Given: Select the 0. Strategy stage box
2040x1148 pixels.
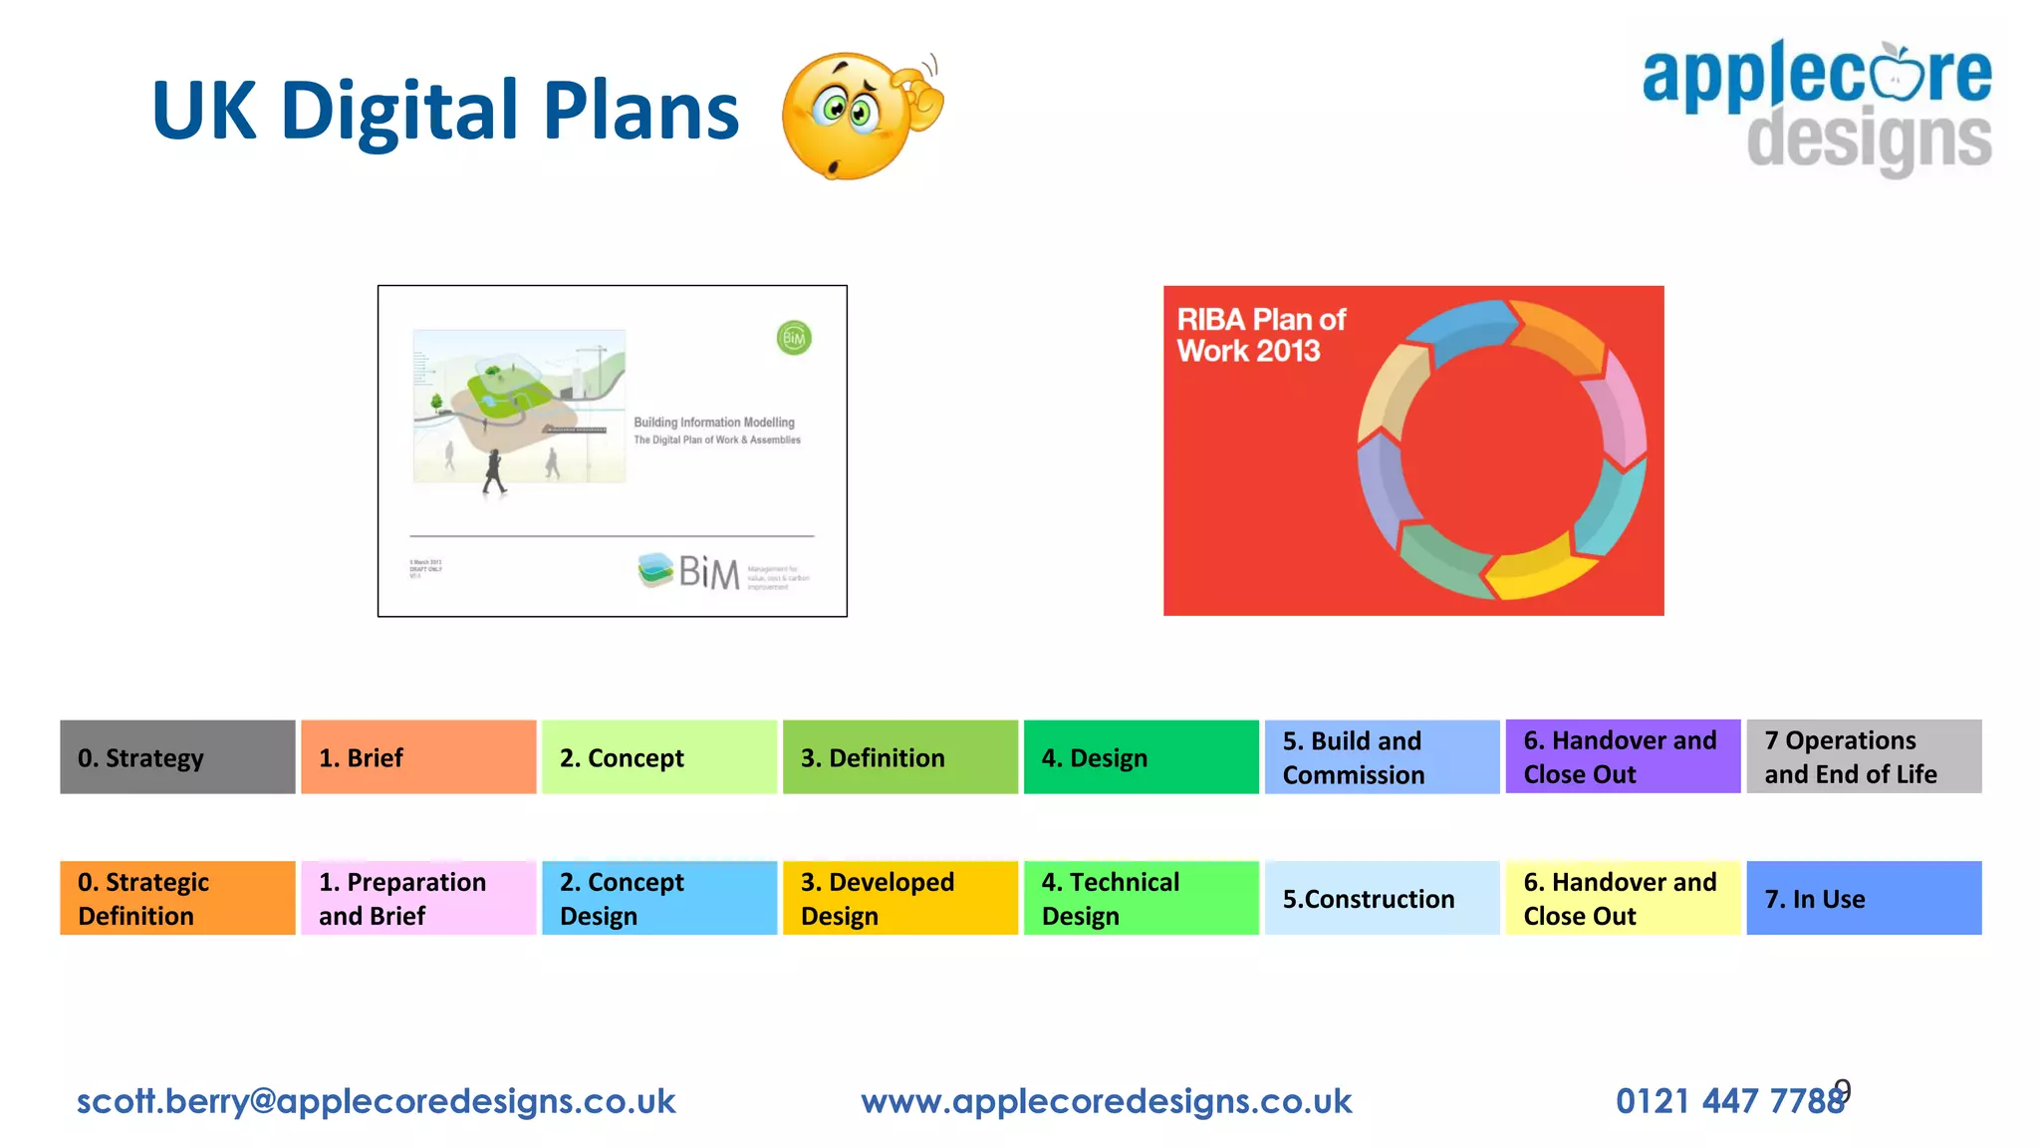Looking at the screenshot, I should (x=177, y=757).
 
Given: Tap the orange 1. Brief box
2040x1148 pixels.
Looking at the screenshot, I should (x=418, y=757).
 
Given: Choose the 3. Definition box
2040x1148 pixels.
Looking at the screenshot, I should (x=899, y=757).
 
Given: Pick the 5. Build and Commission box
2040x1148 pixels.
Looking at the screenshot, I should (x=1382, y=757).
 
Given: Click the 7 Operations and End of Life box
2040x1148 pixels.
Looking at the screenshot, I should (x=1863, y=757).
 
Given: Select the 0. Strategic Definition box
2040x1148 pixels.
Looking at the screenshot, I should (x=177, y=898).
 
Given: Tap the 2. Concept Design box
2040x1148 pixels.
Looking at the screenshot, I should (x=659, y=898).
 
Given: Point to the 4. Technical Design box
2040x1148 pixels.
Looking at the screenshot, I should (x=1141, y=898).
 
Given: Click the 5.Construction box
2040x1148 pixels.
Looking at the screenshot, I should (x=1382, y=898).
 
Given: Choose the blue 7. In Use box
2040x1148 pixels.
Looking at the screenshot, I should (x=1863, y=898).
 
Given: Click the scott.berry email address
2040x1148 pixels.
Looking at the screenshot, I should (x=377, y=1101).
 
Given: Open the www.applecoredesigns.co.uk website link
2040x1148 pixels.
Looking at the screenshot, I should (x=1106, y=1101).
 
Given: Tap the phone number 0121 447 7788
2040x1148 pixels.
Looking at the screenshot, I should (x=1729, y=1101).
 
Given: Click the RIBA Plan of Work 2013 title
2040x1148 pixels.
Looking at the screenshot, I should (x=1260, y=335).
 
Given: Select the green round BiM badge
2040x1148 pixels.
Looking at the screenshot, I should (x=794, y=338).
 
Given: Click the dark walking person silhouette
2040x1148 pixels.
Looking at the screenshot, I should (x=494, y=471).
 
